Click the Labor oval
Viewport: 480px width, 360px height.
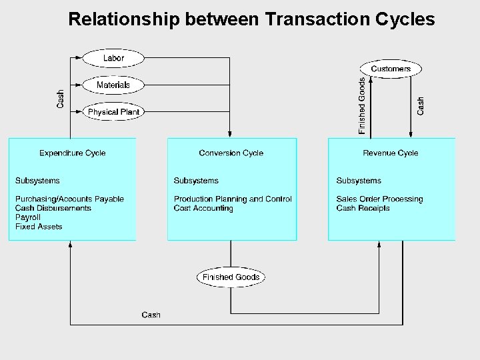113,58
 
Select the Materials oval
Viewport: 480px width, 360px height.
113,85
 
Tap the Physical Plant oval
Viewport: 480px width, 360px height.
113,112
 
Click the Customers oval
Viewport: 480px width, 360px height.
391,69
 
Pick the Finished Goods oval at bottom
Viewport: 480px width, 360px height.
231,277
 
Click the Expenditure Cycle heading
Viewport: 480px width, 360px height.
72,153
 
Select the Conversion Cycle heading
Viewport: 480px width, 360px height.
231,153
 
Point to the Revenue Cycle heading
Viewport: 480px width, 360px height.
391,153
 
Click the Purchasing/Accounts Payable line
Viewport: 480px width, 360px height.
69,199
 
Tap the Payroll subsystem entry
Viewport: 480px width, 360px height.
29,217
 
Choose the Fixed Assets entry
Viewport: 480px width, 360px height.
39,227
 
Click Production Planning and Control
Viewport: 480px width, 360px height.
233,199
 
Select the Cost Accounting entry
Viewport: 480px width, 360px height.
203,208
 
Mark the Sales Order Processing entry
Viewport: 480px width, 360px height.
379,199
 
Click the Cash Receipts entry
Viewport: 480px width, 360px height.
363,208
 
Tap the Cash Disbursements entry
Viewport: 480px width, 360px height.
53,208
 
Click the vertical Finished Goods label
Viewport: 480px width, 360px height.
362,106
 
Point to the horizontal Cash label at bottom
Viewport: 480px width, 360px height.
151,315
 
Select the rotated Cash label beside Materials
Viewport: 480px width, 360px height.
61,99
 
